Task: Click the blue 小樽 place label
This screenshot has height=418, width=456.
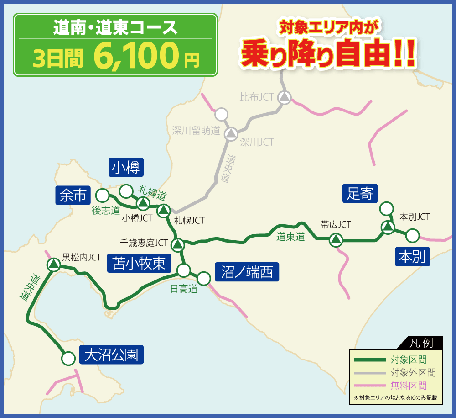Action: (x=126, y=167)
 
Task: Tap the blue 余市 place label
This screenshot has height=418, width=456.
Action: (x=73, y=196)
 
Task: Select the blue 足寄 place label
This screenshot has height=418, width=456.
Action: (x=360, y=194)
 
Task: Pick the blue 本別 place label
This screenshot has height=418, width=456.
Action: (x=412, y=256)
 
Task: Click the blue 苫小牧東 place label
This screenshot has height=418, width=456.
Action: (x=139, y=264)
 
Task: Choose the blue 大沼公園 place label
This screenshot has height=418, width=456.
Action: (x=111, y=355)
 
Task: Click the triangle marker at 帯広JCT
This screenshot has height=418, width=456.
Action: (x=336, y=239)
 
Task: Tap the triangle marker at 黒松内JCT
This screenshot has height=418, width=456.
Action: (x=54, y=264)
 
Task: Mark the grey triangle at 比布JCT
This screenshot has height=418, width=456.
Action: (x=285, y=97)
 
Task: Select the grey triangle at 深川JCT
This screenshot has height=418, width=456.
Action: (x=231, y=133)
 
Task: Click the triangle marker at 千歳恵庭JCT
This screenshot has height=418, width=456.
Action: (x=177, y=244)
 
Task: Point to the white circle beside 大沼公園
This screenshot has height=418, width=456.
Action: (x=68, y=359)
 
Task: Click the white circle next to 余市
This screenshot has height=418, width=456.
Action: (x=102, y=196)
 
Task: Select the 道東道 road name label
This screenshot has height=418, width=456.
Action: (x=290, y=237)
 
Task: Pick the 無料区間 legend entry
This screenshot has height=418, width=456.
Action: (x=408, y=385)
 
